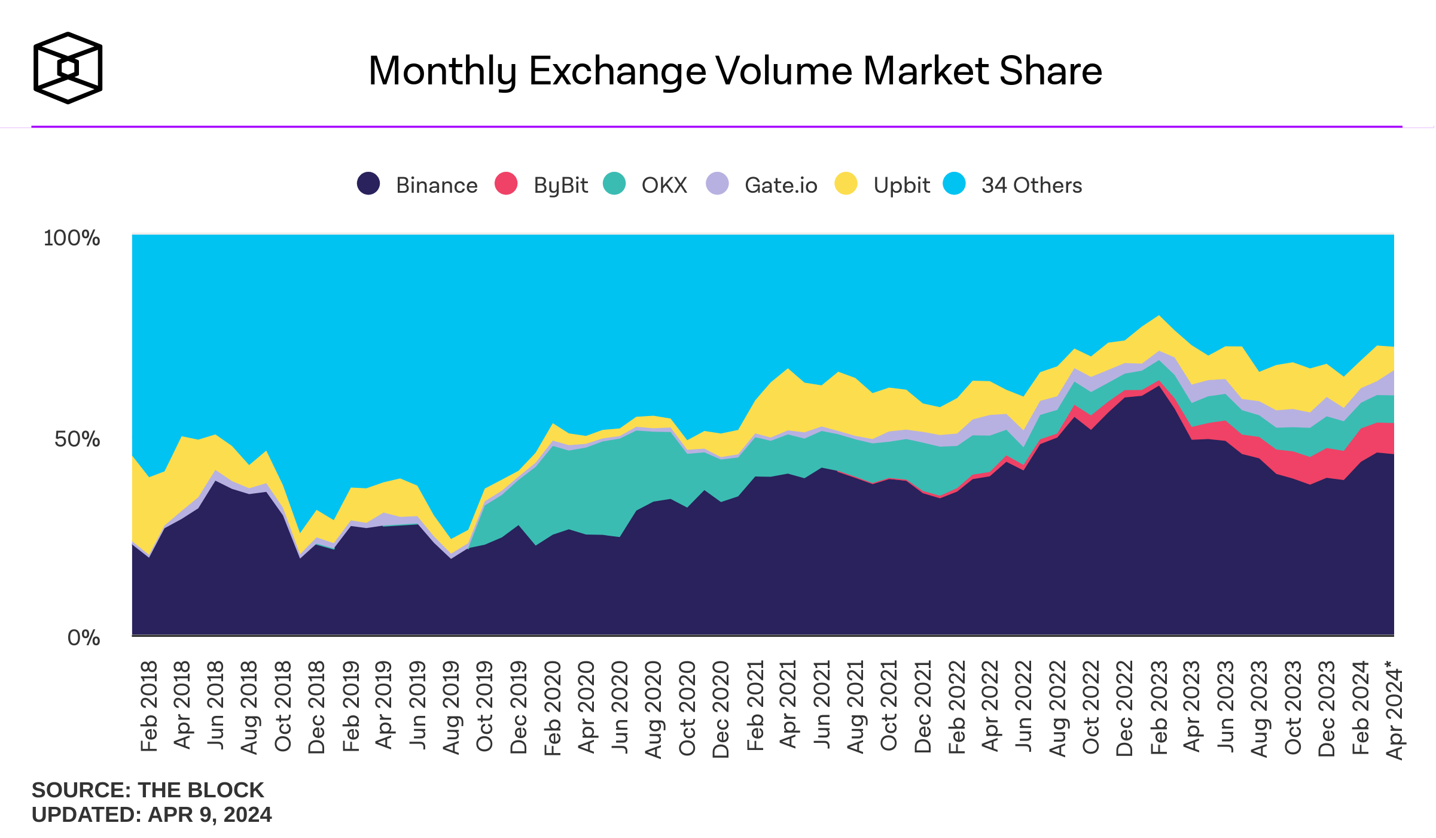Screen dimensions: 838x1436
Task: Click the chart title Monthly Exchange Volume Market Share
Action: (x=735, y=71)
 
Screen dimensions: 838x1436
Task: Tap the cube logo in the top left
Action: (x=68, y=68)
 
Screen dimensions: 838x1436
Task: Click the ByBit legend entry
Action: (x=542, y=185)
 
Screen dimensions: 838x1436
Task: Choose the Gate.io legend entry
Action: (x=762, y=185)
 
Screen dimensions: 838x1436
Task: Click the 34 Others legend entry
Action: (x=1013, y=185)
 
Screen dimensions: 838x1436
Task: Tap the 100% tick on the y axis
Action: (x=71, y=238)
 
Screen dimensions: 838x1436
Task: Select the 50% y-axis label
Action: (x=77, y=439)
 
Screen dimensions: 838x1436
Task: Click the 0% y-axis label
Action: (x=83, y=638)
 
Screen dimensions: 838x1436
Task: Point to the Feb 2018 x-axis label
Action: (x=148, y=706)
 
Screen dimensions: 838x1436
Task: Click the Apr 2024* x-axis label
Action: (x=1394, y=710)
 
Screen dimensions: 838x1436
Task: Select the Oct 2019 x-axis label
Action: (x=484, y=706)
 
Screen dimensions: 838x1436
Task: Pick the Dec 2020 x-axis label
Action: (x=721, y=709)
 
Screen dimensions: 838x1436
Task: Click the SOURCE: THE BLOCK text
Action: (x=148, y=790)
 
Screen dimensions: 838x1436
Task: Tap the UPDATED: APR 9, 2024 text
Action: (x=152, y=815)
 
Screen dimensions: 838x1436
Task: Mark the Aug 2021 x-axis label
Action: (x=855, y=708)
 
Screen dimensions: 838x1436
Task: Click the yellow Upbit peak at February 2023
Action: (x=1159, y=332)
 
